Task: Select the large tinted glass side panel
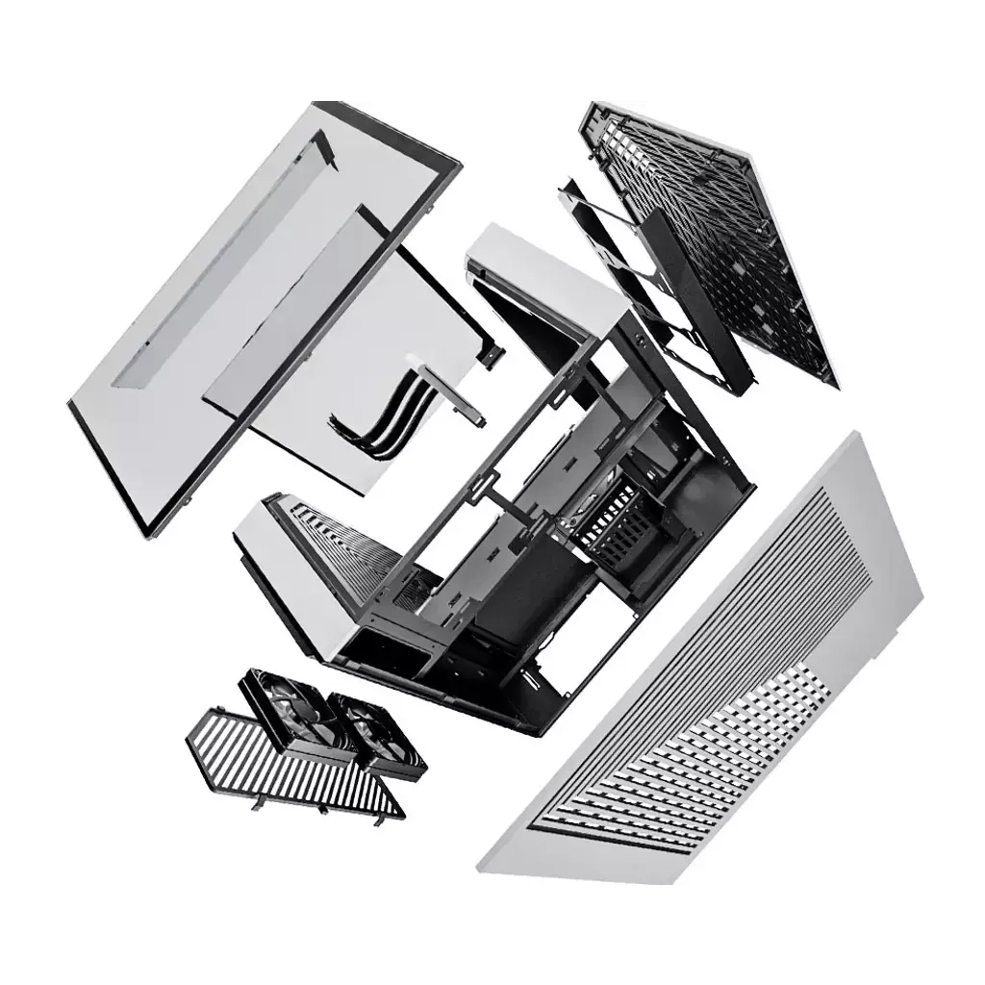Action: [212, 317]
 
